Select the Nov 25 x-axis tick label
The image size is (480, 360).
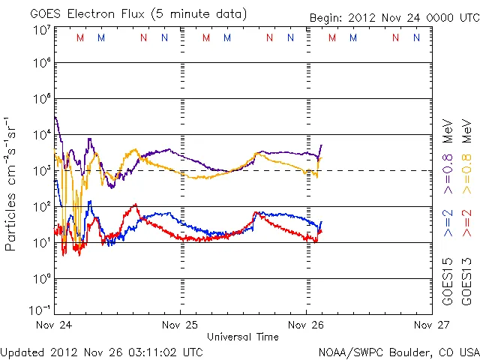[180, 325]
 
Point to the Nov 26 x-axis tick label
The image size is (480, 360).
[306, 325]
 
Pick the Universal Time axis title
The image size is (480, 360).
[242, 337]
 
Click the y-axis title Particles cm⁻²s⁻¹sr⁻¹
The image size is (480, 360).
[11, 184]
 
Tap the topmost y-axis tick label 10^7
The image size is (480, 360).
[41, 30]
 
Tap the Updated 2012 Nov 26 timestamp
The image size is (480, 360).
[102, 352]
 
